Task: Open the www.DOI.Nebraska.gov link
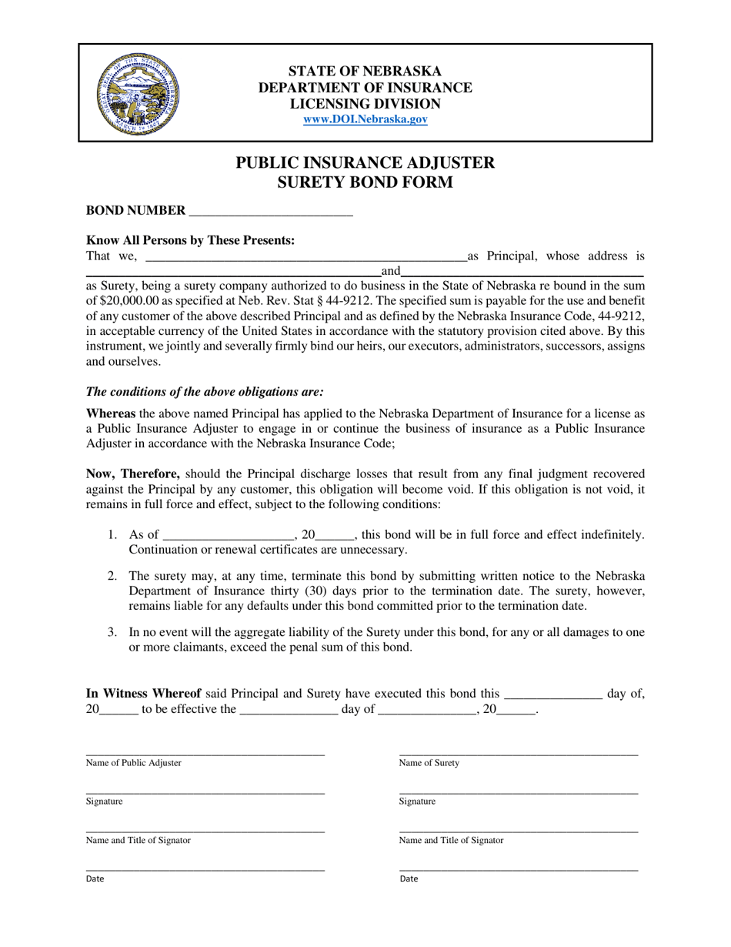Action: tap(365, 119)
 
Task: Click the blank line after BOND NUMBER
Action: tap(270, 211)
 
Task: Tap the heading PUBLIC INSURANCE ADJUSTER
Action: tap(365, 162)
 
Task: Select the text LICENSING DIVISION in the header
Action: tap(365, 104)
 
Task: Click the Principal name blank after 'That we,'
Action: tap(305, 257)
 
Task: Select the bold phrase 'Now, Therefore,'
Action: tap(133, 474)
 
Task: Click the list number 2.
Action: tap(112, 576)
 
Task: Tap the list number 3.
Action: tap(112, 633)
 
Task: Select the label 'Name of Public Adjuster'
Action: tap(134, 763)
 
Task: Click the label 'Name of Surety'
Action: tap(429, 763)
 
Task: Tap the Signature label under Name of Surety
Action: tap(417, 801)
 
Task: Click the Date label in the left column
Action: tap(95, 878)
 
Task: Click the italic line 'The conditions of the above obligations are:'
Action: tap(205, 391)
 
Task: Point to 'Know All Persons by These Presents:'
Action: tap(190, 241)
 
